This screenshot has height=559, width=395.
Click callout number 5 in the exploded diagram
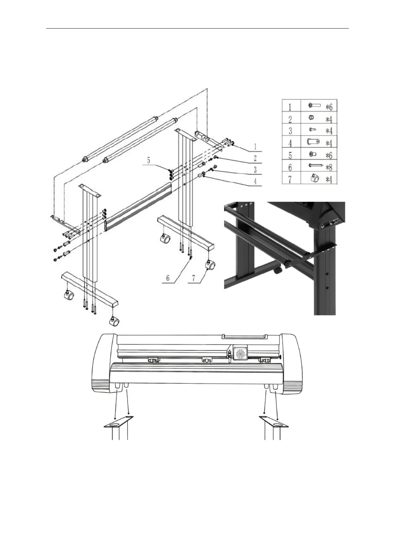point(149,161)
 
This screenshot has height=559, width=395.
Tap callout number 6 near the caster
point(168,278)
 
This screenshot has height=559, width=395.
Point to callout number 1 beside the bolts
point(255,146)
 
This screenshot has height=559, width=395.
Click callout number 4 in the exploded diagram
point(255,182)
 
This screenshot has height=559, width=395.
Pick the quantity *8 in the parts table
point(328,167)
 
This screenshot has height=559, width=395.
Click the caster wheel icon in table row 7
point(314,179)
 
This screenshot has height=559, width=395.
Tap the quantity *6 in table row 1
point(329,107)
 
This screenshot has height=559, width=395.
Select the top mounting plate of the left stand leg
point(89,191)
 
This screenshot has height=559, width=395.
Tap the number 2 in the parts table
point(290,119)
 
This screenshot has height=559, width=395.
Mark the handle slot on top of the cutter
point(244,337)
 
